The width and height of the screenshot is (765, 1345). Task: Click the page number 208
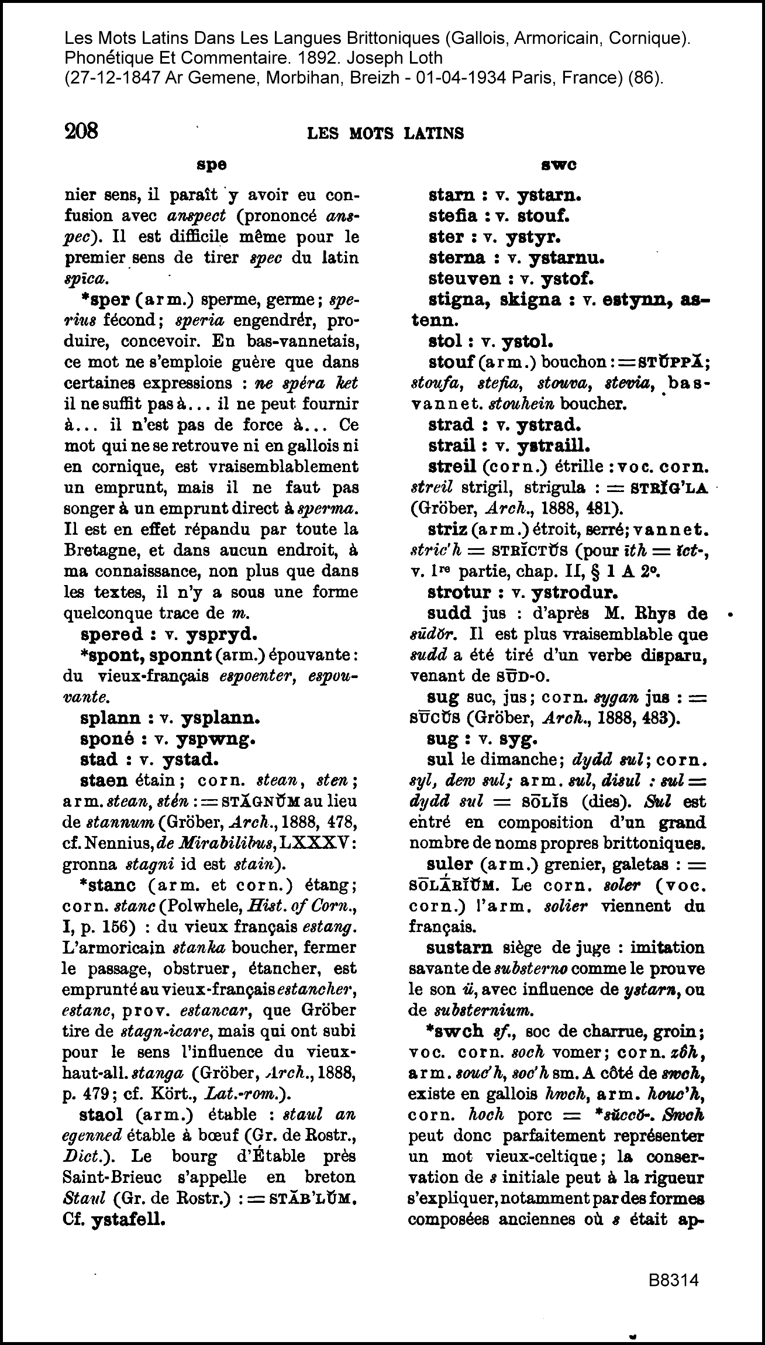pyautogui.click(x=81, y=130)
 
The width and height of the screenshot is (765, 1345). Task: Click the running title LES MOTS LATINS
pyautogui.click(x=385, y=134)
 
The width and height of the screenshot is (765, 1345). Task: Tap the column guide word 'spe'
pyautogui.click(x=211, y=165)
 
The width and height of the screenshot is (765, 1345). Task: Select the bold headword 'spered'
pyautogui.click(x=111, y=635)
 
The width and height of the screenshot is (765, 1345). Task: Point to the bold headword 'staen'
pyautogui.click(x=104, y=781)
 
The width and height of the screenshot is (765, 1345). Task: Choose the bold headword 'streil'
pyautogui.click(x=452, y=467)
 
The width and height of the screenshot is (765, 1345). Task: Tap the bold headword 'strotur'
pyautogui.click(x=460, y=592)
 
